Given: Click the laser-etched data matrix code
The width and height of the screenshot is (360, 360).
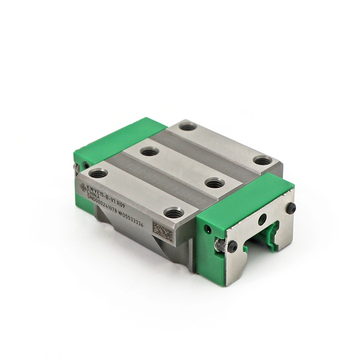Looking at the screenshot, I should pyautogui.click(x=162, y=230).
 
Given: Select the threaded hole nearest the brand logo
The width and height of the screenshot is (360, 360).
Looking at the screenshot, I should pyautogui.click(x=98, y=172).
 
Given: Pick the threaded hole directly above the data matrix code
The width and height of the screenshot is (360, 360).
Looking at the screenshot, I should pyautogui.click(x=171, y=213).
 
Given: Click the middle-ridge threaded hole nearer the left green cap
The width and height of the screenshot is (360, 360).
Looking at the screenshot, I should pyautogui.click(x=148, y=152).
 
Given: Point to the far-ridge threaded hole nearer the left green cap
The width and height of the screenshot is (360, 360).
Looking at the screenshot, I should pyautogui.click(x=188, y=127).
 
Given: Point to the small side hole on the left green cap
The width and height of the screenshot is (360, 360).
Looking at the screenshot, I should pyautogui.click(x=77, y=167).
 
